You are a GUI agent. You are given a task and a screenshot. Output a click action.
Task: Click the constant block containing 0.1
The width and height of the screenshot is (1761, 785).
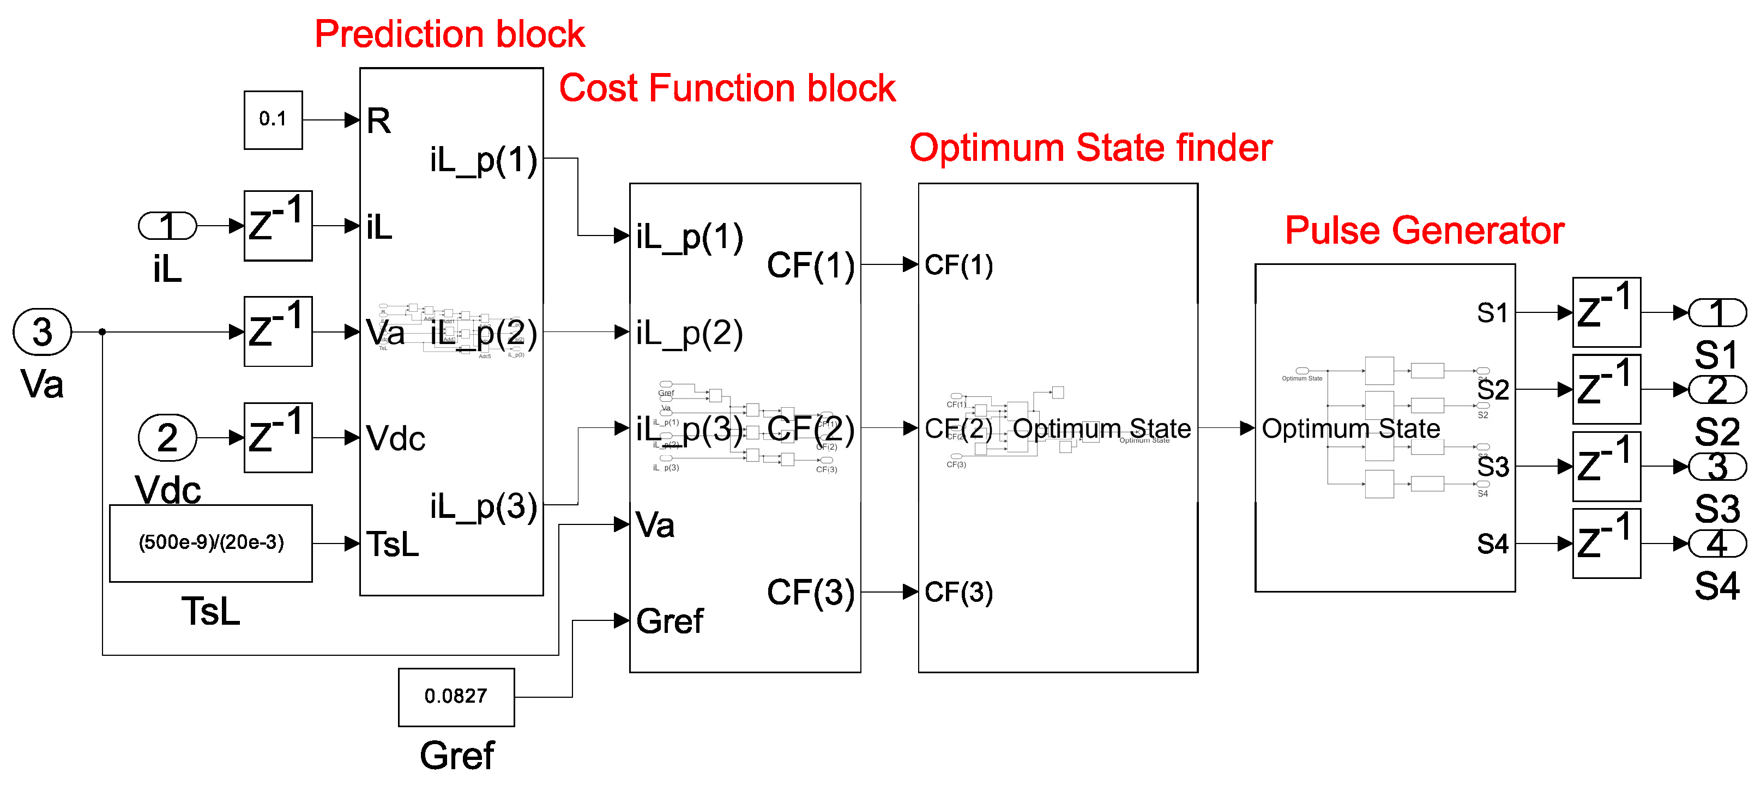click(273, 120)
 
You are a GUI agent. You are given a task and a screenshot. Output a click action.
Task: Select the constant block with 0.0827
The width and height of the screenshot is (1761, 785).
click(456, 697)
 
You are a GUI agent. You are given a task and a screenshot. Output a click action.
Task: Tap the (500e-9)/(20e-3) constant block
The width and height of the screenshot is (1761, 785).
click(210, 543)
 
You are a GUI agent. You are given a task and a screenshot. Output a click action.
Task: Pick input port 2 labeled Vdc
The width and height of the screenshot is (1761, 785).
click(167, 438)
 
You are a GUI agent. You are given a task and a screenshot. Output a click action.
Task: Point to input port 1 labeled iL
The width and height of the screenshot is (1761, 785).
click(167, 226)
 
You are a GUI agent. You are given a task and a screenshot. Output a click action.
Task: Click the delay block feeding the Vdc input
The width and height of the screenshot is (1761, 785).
click(278, 438)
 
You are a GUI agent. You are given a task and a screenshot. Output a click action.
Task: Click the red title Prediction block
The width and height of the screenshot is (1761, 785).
click(449, 34)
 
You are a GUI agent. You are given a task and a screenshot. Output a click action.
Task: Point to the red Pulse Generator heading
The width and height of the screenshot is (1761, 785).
click(1424, 231)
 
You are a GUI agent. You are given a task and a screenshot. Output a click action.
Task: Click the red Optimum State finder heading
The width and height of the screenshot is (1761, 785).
click(1090, 148)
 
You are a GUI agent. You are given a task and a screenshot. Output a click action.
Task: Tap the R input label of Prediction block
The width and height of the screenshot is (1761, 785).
click(379, 121)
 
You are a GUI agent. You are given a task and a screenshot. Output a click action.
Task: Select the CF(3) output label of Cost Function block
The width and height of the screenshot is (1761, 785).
click(810, 592)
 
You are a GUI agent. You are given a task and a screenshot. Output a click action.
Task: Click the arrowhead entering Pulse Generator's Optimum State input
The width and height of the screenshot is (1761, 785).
click(1247, 428)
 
